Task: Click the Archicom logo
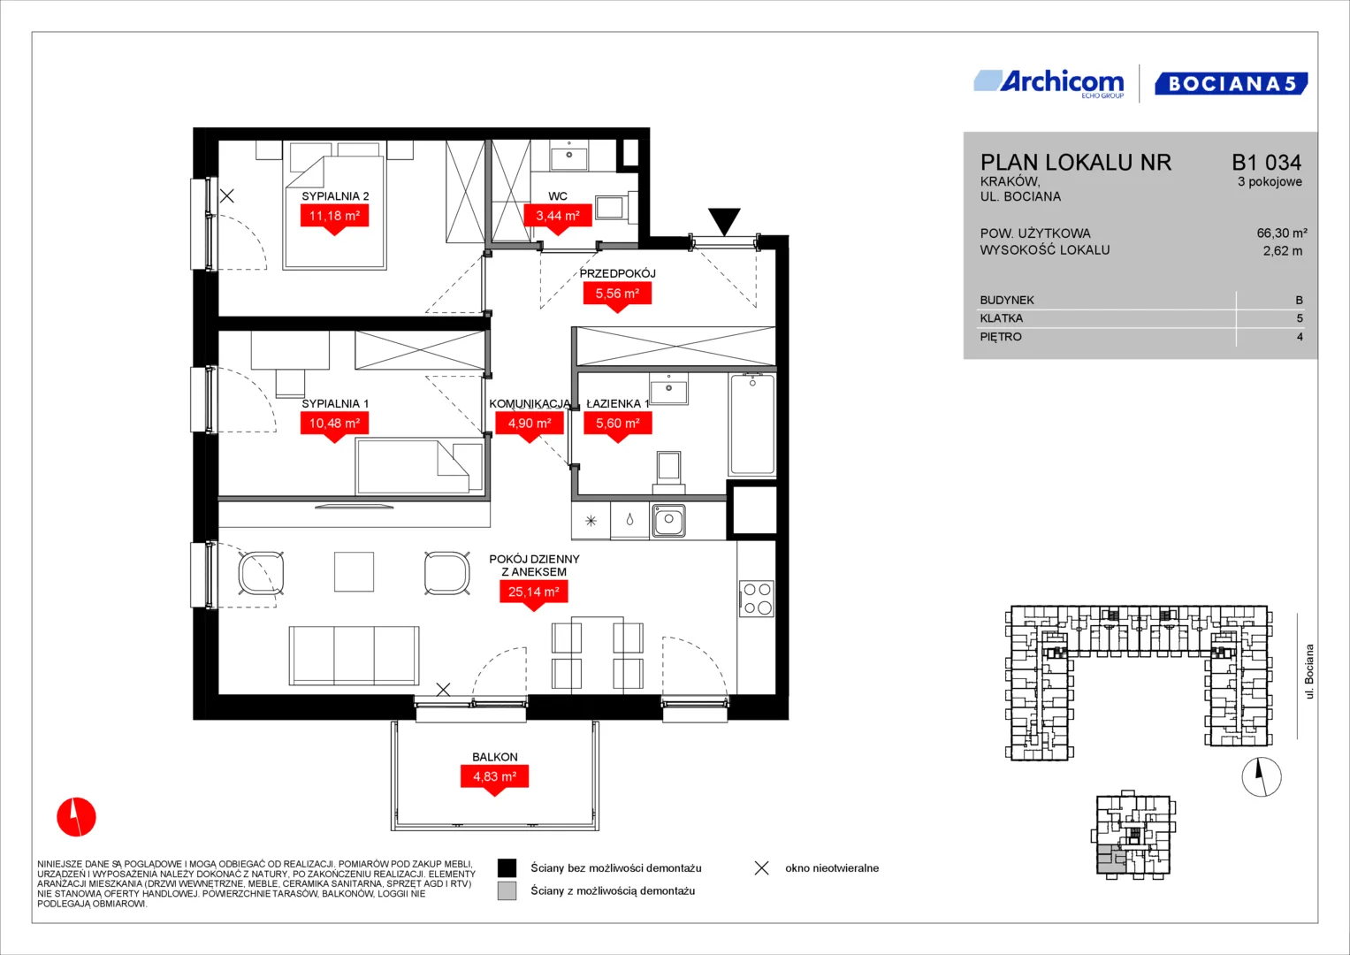[x=1049, y=84]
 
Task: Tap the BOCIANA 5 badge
[x=1232, y=83]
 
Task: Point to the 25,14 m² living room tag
[x=533, y=595]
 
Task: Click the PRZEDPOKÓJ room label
[x=617, y=273]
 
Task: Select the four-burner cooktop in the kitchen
[x=757, y=598]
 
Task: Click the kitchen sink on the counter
[x=667, y=520]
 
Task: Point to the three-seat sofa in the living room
[x=354, y=655]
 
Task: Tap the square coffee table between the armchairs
[x=354, y=571]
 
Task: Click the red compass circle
[x=77, y=817]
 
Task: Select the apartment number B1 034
[x=1266, y=162]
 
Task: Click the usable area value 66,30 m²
[x=1282, y=233]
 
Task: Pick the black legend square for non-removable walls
[x=507, y=867]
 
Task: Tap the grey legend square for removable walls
[x=507, y=890]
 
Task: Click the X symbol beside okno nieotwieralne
[x=762, y=867]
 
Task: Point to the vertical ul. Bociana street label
[x=1309, y=671]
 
